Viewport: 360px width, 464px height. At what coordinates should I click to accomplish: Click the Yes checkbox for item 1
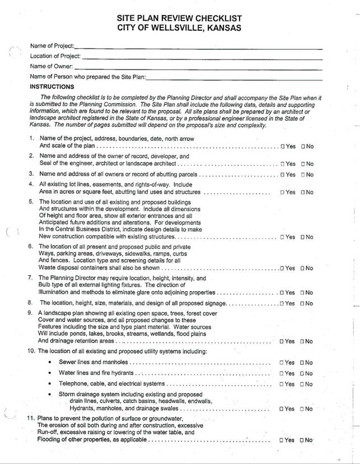tap(282, 147)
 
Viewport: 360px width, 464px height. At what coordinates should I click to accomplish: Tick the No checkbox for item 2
tap(303, 164)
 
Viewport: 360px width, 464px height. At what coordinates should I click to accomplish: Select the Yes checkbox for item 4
tap(282, 193)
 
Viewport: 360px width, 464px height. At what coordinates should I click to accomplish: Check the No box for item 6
tap(303, 268)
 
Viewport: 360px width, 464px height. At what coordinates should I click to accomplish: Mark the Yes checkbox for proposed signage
tap(282, 303)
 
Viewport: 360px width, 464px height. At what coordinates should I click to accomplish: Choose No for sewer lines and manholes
tap(303, 363)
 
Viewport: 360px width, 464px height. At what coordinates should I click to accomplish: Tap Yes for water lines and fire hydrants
tap(282, 373)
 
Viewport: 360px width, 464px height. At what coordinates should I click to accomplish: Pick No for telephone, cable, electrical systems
tap(303, 384)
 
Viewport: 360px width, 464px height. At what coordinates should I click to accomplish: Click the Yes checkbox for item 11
tap(282, 440)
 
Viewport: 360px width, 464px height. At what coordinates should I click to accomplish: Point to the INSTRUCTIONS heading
tap(52, 87)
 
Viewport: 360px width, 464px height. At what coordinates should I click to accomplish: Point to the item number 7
tap(31, 278)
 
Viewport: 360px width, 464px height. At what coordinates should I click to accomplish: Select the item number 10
tap(31, 351)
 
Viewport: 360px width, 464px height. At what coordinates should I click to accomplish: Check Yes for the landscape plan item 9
tap(282, 341)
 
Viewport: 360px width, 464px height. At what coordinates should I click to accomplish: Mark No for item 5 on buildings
tap(303, 237)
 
